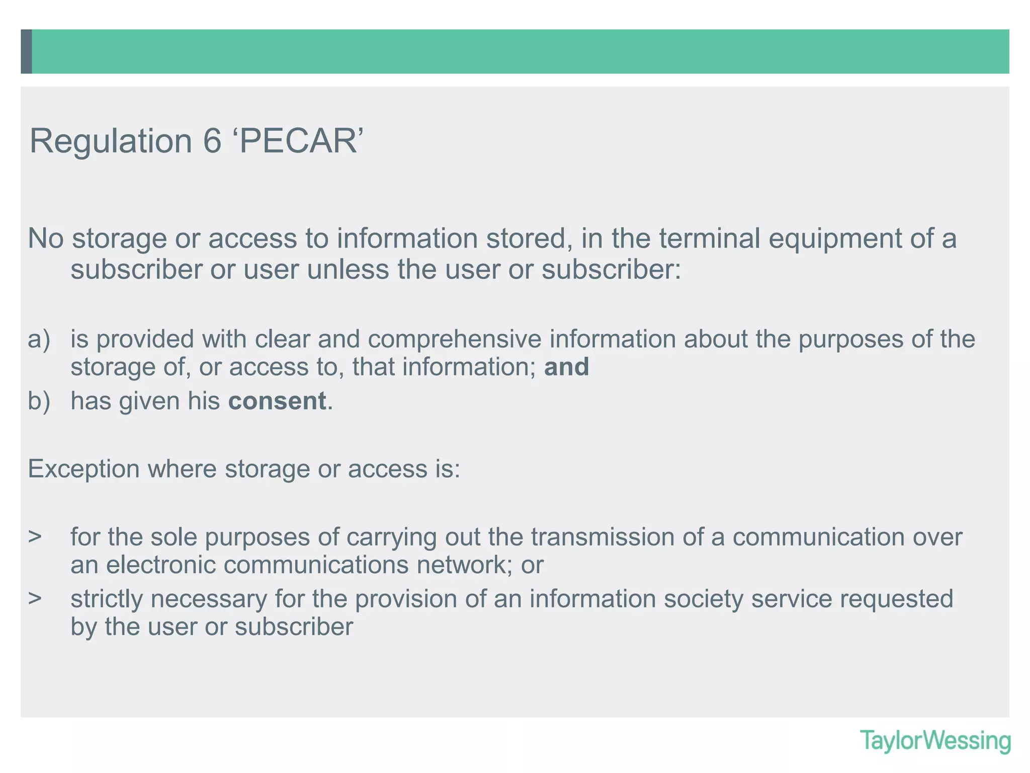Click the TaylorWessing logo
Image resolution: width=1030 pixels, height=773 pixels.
tap(935, 741)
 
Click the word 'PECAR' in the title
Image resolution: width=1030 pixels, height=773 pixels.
tap(298, 141)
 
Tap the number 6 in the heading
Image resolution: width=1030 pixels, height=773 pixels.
tap(212, 141)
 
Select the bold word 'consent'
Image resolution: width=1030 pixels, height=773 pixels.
tap(277, 401)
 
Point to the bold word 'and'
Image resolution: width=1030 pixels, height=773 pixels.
tap(566, 367)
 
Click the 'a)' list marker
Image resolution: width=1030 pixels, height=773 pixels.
tap(39, 339)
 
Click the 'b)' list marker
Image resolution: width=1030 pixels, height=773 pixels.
tap(39, 401)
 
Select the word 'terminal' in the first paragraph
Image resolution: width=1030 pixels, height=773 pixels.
tap(710, 239)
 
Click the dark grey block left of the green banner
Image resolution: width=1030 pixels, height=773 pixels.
tap(26, 51)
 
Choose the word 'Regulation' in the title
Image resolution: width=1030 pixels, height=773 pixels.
tap(111, 141)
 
